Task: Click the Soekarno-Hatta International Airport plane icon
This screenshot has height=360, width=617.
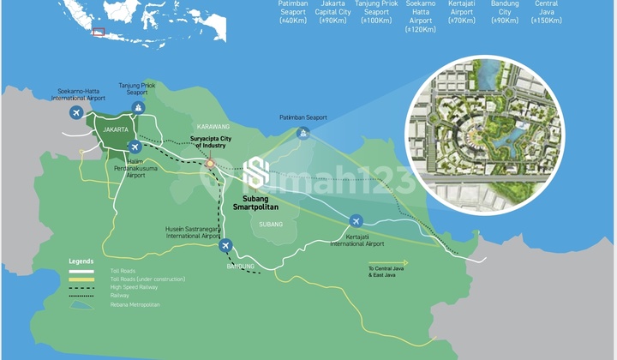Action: [x=76, y=113]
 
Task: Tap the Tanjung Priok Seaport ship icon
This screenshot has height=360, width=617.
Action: [x=138, y=107]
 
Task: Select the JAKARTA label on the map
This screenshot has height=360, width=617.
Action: [x=115, y=129]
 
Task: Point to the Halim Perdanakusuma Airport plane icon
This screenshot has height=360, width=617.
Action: [x=132, y=146]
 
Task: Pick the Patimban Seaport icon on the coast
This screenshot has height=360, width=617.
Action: [x=302, y=133]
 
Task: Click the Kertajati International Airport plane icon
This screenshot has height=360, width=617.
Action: [x=354, y=219]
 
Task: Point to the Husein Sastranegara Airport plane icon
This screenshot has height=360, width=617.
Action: [x=225, y=246]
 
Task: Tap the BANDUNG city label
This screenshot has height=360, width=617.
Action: [x=240, y=267]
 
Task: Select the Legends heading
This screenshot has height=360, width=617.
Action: [x=81, y=261]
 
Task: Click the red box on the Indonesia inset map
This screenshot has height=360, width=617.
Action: [x=98, y=33]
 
